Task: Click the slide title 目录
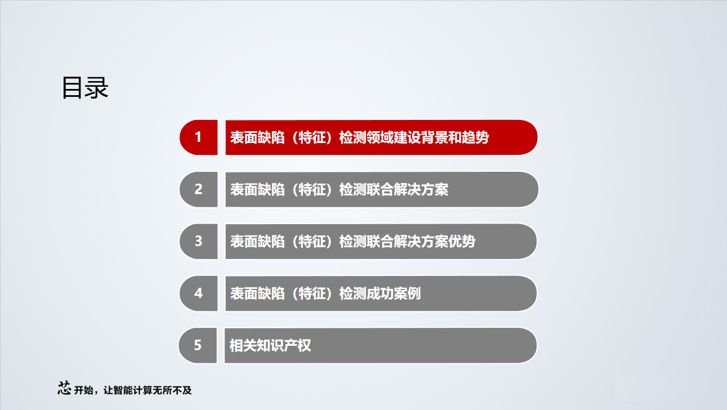point(85,88)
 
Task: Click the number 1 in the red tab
point(198,137)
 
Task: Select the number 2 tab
point(198,189)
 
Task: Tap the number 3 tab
point(198,241)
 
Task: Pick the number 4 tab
point(198,293)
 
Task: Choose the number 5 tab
point(198,345)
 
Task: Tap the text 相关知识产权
point(270,345)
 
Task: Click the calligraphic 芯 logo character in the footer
point(65,388)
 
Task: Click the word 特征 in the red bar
point(312,137)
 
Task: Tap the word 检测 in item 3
point(353,242)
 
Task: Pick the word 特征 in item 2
point(312,189)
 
